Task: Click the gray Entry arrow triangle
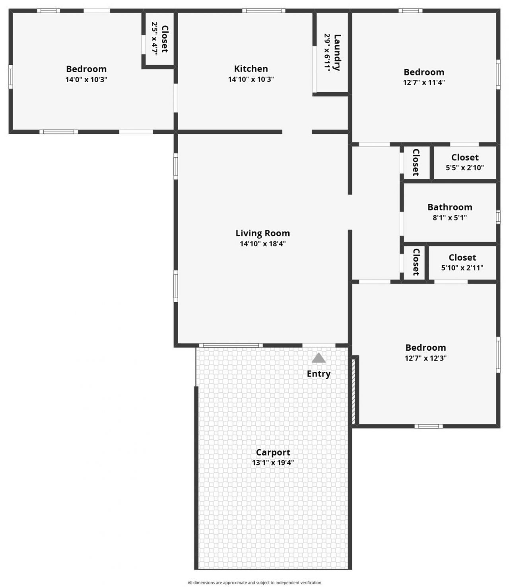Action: pos(319,358)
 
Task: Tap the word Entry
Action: pos(319,374)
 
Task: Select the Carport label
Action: pos(273,452)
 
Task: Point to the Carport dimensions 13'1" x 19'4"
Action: pos(273,462)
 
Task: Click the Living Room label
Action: pos(262,233)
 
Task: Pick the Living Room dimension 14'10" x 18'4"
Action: pos(262,244)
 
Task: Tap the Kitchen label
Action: pos(251,69)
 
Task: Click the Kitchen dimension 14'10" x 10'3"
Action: pos(251,79)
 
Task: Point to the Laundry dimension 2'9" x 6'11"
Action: pos(327,52)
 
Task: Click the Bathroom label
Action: pos(450,207)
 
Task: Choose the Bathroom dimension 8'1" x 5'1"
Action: pos(450,218)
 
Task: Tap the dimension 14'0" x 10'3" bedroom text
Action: pos(86,79)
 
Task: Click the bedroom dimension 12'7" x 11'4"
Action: pos(424,83)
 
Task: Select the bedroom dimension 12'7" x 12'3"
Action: pos(425,358)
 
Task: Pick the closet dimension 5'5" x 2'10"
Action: pos(464,168)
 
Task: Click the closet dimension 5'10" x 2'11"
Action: pos(462,268)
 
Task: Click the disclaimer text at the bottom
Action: pos(254,583)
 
